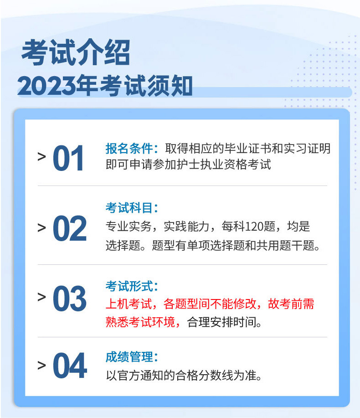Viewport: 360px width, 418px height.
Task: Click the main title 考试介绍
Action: tap(76, 52)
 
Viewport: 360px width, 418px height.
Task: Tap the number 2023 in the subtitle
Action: tap(46, 86)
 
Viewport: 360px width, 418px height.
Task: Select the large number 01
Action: tap(68, 158)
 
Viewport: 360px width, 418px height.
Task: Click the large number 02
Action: tap(70, 228)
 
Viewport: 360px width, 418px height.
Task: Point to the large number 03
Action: tap(70, 298)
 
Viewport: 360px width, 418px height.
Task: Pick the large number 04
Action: tap(70, 365)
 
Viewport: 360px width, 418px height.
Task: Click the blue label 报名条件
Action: tap(129, 149)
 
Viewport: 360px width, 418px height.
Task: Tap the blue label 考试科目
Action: tap(129, 208)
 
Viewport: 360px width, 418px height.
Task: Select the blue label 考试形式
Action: tap(129, 286)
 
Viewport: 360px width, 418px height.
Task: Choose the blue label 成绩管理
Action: tap(129, 357)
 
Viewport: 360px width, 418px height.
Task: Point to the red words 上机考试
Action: tap(129, 304)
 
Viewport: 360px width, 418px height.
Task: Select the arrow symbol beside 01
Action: tap(42, 157)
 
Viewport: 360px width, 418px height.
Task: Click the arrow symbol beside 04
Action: tap(42, 365)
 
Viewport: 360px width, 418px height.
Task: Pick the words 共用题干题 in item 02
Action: tap(285, 245)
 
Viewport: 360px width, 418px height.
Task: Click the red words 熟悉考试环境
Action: tap(140, 322)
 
